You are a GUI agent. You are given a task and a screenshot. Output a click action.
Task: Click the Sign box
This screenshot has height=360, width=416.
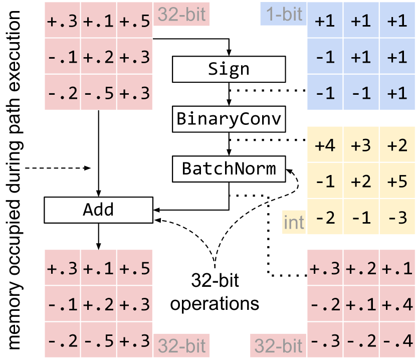[x=229, y=69]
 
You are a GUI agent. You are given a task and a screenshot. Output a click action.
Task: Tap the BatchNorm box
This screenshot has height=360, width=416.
[x=229, y=168]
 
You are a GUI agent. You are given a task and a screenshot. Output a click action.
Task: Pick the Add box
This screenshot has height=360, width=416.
[x=98, y=210]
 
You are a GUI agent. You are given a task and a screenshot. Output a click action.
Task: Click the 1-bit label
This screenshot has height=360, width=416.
[x=282, y=14]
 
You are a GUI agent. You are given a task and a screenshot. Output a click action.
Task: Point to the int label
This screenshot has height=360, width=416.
[x=294, y=222]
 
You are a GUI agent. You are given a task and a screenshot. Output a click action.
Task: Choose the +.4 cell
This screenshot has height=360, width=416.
[x=396, y=304]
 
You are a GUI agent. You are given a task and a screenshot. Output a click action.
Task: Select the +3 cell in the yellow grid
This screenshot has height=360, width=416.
[x=361, y=146]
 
